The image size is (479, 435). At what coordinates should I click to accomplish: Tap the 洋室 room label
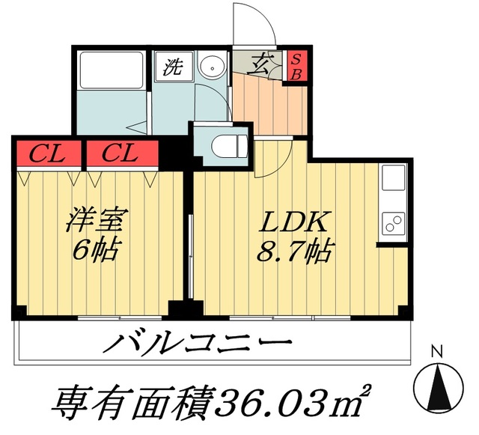(x=95, y=222)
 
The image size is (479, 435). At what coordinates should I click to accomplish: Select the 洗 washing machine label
(x=174, y=67)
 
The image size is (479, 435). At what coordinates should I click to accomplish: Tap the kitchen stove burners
(x=392, y=222)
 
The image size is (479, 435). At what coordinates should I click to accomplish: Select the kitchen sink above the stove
(x=392, y=180)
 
